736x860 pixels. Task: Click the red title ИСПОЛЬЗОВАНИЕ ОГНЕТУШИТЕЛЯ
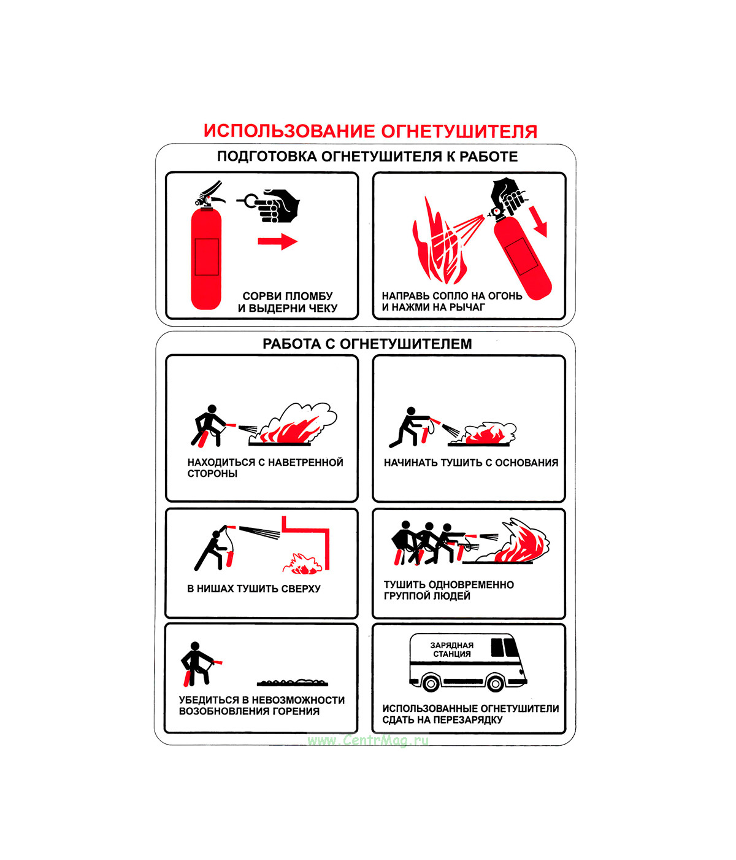370,131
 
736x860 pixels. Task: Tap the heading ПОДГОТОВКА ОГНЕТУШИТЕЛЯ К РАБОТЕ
367,157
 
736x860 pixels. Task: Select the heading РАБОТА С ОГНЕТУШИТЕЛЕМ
367,344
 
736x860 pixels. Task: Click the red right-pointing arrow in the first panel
277,241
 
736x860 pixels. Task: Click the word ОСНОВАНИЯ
526,463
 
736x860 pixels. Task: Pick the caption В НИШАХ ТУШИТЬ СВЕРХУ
254,589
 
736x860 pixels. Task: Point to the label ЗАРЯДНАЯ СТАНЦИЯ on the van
452,649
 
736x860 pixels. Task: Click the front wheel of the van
495,683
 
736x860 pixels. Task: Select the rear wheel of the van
431,683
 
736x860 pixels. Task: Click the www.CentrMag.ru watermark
367,740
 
